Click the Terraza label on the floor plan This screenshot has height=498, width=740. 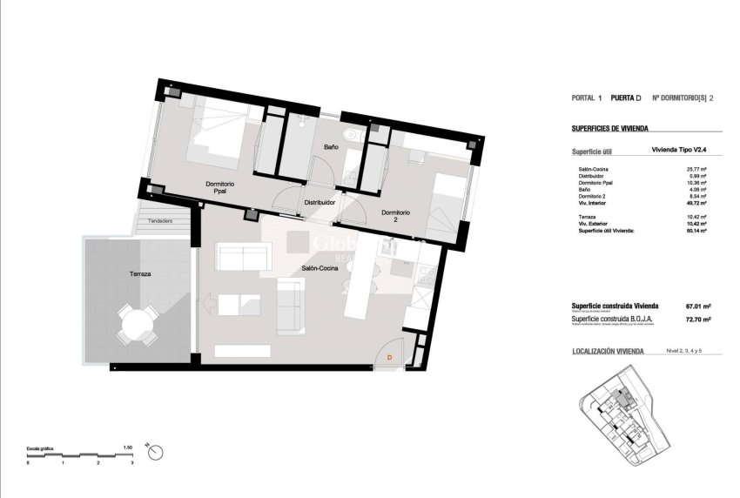140,274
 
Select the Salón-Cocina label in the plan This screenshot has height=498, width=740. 320,268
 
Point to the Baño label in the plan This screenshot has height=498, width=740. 332,147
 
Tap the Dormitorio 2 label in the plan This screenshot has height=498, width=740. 396,217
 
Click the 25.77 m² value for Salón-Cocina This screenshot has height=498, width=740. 696,169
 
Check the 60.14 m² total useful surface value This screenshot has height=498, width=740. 696,231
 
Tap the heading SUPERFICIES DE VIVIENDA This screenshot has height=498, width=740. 609,128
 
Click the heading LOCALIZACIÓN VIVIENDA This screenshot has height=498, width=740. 608,352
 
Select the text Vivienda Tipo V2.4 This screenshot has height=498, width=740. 682,149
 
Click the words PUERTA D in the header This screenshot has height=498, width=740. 626,98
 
